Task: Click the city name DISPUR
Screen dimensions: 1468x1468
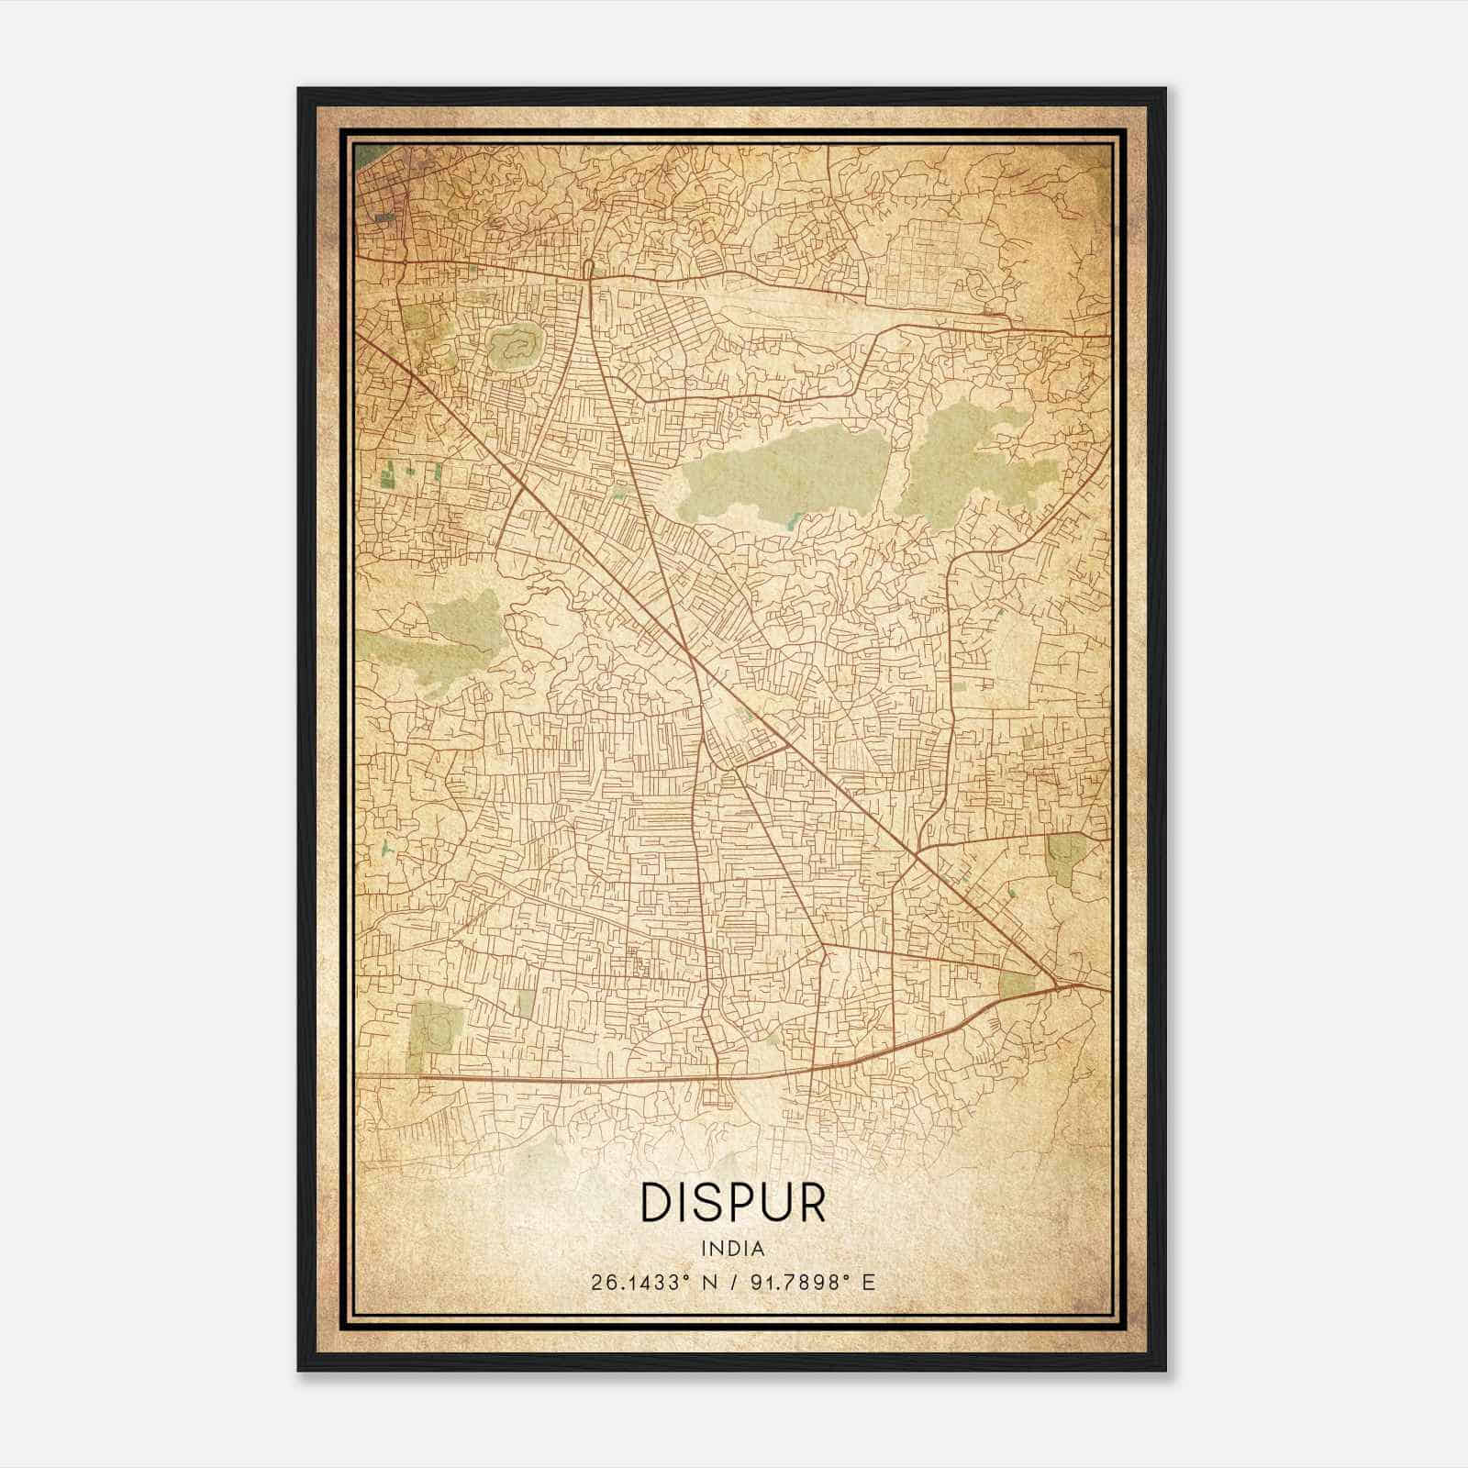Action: point(733,1203)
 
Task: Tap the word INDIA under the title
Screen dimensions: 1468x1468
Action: point(732,1249)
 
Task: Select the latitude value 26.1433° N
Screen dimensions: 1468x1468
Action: point(648,1282)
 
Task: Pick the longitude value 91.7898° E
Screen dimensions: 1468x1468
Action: point(813,1282)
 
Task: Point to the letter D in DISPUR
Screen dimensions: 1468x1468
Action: point(655,1203)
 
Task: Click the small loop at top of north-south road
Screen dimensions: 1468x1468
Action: point(587,269)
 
